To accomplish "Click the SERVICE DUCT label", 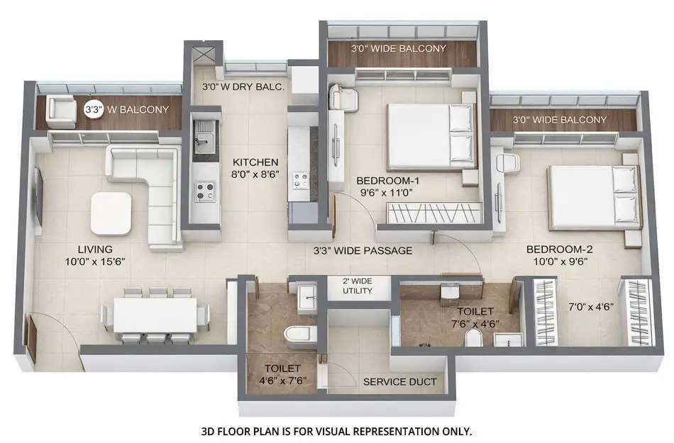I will click(399, 382).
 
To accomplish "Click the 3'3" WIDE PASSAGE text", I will click(363, 250).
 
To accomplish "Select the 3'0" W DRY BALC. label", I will click(243, 87).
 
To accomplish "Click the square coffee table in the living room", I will click(111, 213).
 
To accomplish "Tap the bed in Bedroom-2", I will click(592, 197).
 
